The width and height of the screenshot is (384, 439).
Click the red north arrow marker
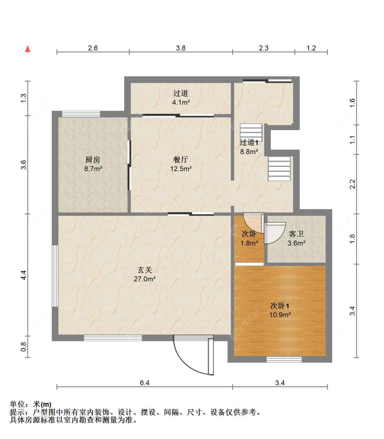point(28,49)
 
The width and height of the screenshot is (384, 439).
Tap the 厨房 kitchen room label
point(93,160)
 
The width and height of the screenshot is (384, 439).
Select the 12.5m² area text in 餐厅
point(181,169)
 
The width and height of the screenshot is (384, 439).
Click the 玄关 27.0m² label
point(145,274)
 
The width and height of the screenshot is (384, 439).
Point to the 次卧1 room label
point(280,306)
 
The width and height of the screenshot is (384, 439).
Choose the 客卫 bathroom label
point(296,234)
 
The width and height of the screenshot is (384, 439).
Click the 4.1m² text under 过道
point(181,102)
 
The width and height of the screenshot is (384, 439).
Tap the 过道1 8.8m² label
point(249,147)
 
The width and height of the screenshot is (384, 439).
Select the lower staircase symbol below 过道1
point(279,169)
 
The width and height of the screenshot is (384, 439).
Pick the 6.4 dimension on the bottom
point(144,383)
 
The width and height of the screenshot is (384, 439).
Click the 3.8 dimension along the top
point(181,48)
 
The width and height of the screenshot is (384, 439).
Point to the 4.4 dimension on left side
point(24,275)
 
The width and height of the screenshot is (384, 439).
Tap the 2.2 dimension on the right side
point(353,184)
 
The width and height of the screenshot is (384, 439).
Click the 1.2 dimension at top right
point(311,48)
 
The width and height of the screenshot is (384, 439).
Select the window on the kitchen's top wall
point(81,114)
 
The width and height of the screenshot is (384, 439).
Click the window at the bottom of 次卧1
point(284,359)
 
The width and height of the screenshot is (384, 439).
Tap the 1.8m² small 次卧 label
point(249,243)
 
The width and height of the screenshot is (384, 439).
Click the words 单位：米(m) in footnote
point(30,405)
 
